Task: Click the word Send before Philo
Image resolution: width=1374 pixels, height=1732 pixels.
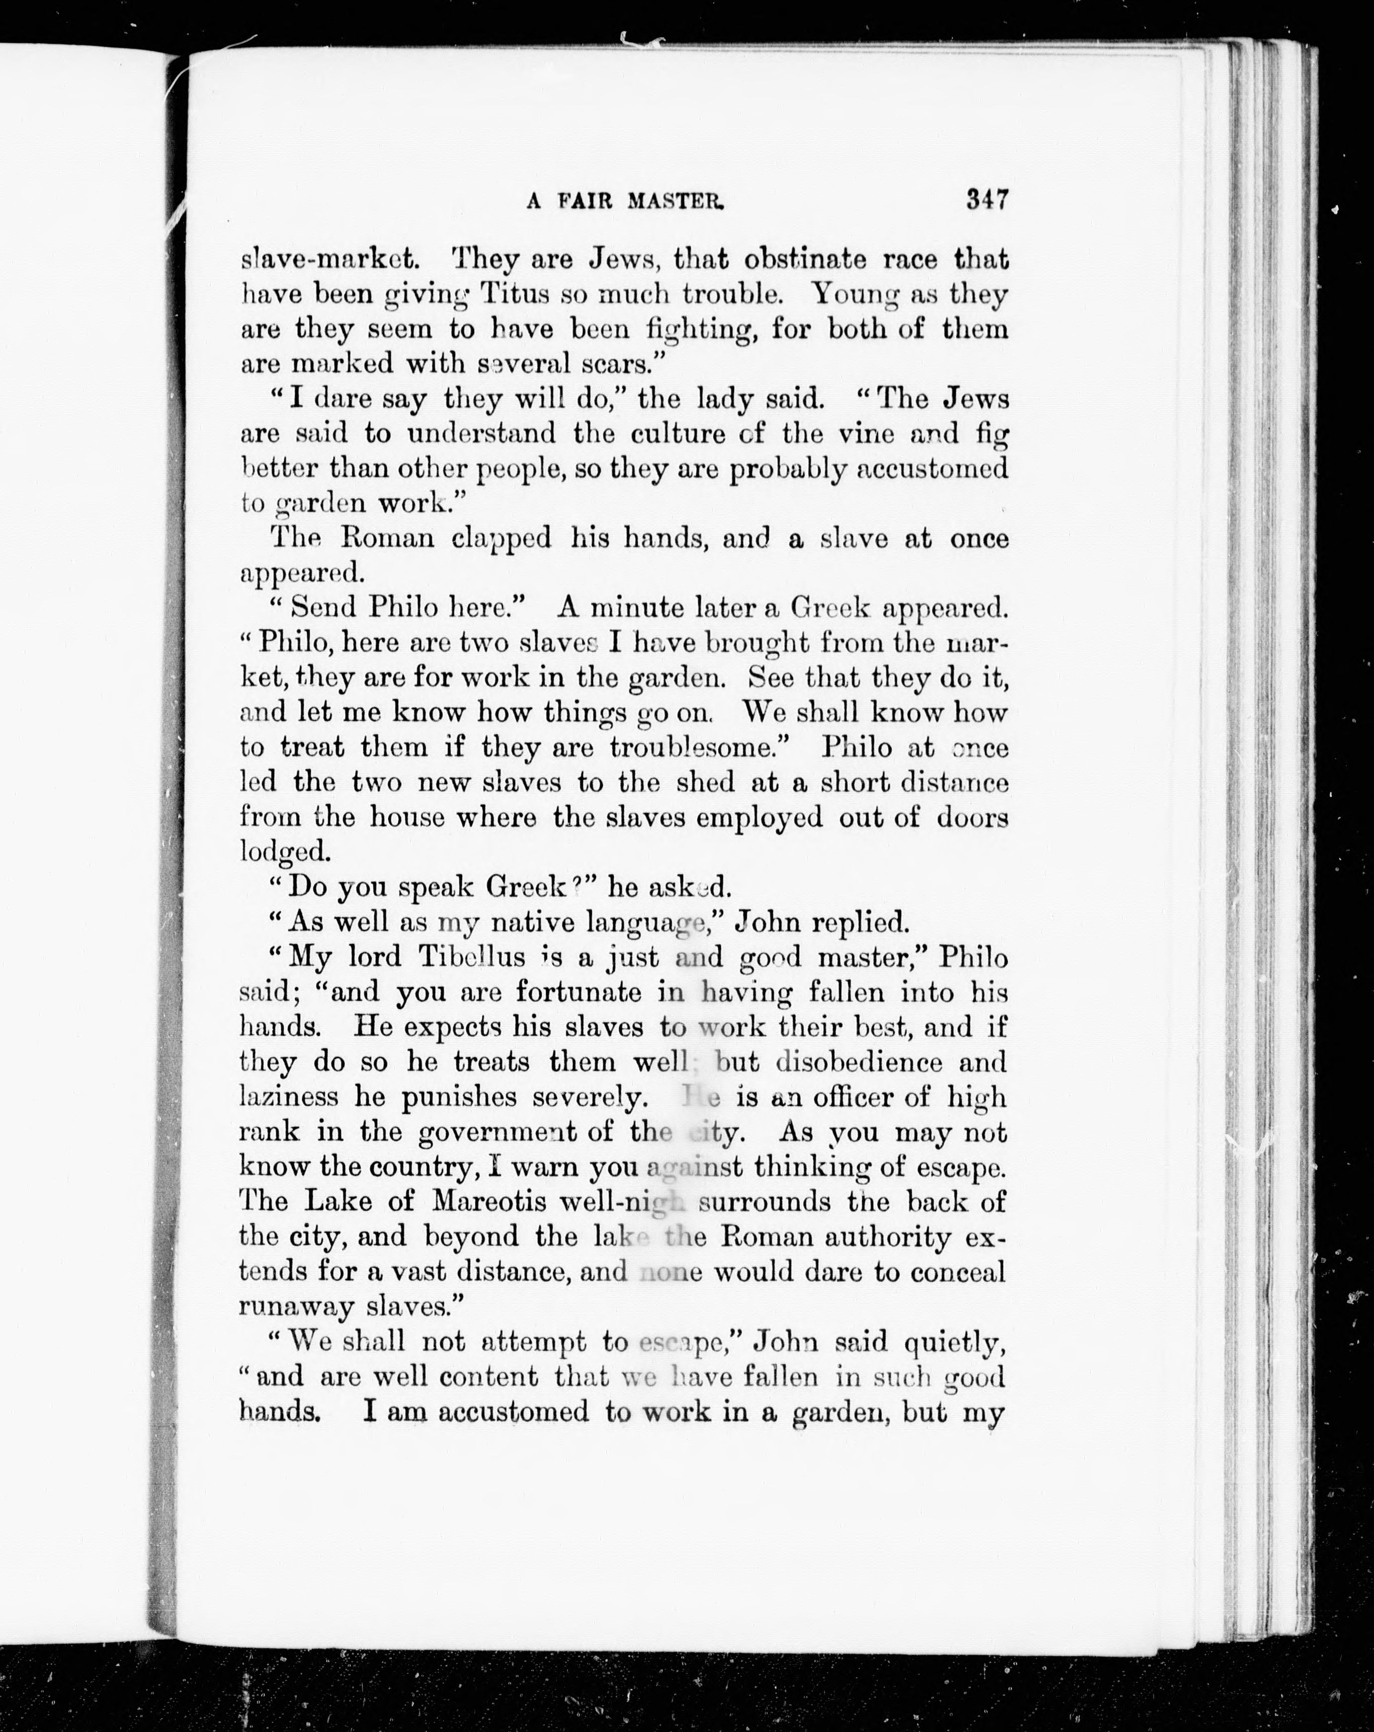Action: point(324,607)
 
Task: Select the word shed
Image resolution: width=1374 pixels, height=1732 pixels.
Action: point(705,782)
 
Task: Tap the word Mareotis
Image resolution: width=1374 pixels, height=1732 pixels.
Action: point(489,1202)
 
